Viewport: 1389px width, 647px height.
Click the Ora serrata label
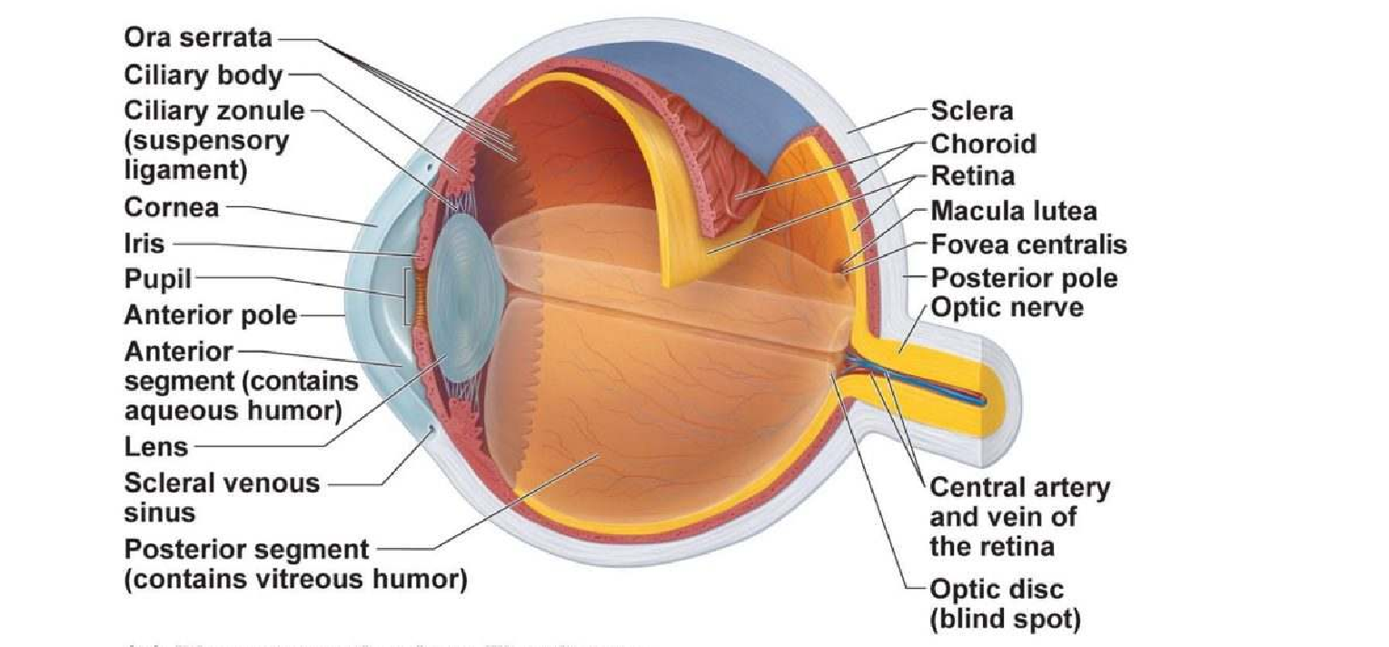click(x=197, y=38)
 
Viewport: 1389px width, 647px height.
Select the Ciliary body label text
click(x=203, y=75)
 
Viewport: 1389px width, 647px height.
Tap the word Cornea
click(x=172, y=207)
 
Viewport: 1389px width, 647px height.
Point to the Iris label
click(x=144, y=244)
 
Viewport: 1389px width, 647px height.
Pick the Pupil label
click(x=157, y=278)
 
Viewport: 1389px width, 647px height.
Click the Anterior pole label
click(x=210, y=315)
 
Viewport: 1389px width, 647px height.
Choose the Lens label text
click(x=156, y=446)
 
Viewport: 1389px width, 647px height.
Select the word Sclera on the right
click(x=971, y=111)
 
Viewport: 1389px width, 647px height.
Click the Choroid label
click(x=983, y=144)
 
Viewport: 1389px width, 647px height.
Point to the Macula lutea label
click(x=1014, y=211)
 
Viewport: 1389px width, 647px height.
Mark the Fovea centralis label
click(x=1028, y=244)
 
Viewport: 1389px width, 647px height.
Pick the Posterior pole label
click(x=1025, y=277)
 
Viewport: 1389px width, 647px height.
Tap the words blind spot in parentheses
click(x=1005, y=620)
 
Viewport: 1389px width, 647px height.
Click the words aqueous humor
click(x=233, y=411)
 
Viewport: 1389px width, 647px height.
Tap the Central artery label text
click(x=1019, y=488)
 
